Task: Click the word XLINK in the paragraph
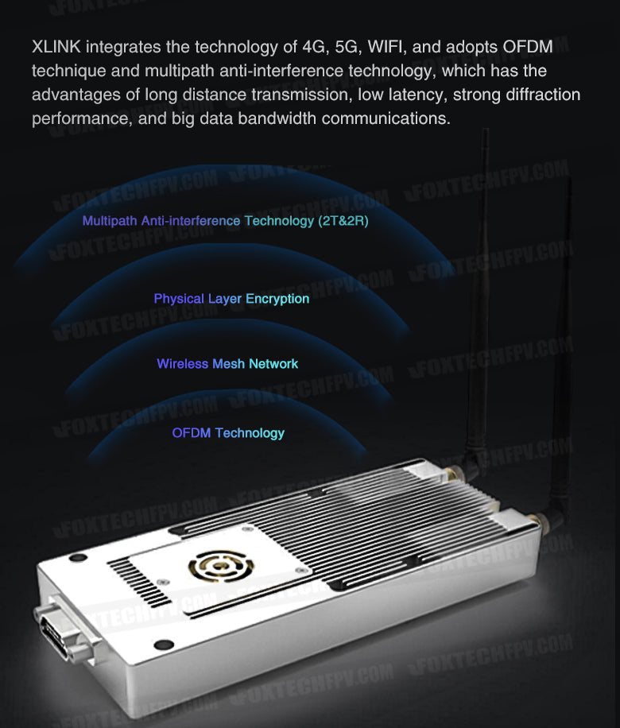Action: [56, 47]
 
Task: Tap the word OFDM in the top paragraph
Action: [528, 47]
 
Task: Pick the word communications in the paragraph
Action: [386, 118]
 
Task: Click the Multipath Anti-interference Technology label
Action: [198, 221]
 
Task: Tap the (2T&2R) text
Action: [343, 221]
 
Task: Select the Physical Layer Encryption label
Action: [231, 299]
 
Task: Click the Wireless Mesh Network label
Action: [227, 363]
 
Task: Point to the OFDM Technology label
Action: [228, 432]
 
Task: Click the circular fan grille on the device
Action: [221, 566]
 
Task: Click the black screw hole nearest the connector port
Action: [164, 645]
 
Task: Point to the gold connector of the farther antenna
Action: [450, 474]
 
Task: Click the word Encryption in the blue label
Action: [277, 299]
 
